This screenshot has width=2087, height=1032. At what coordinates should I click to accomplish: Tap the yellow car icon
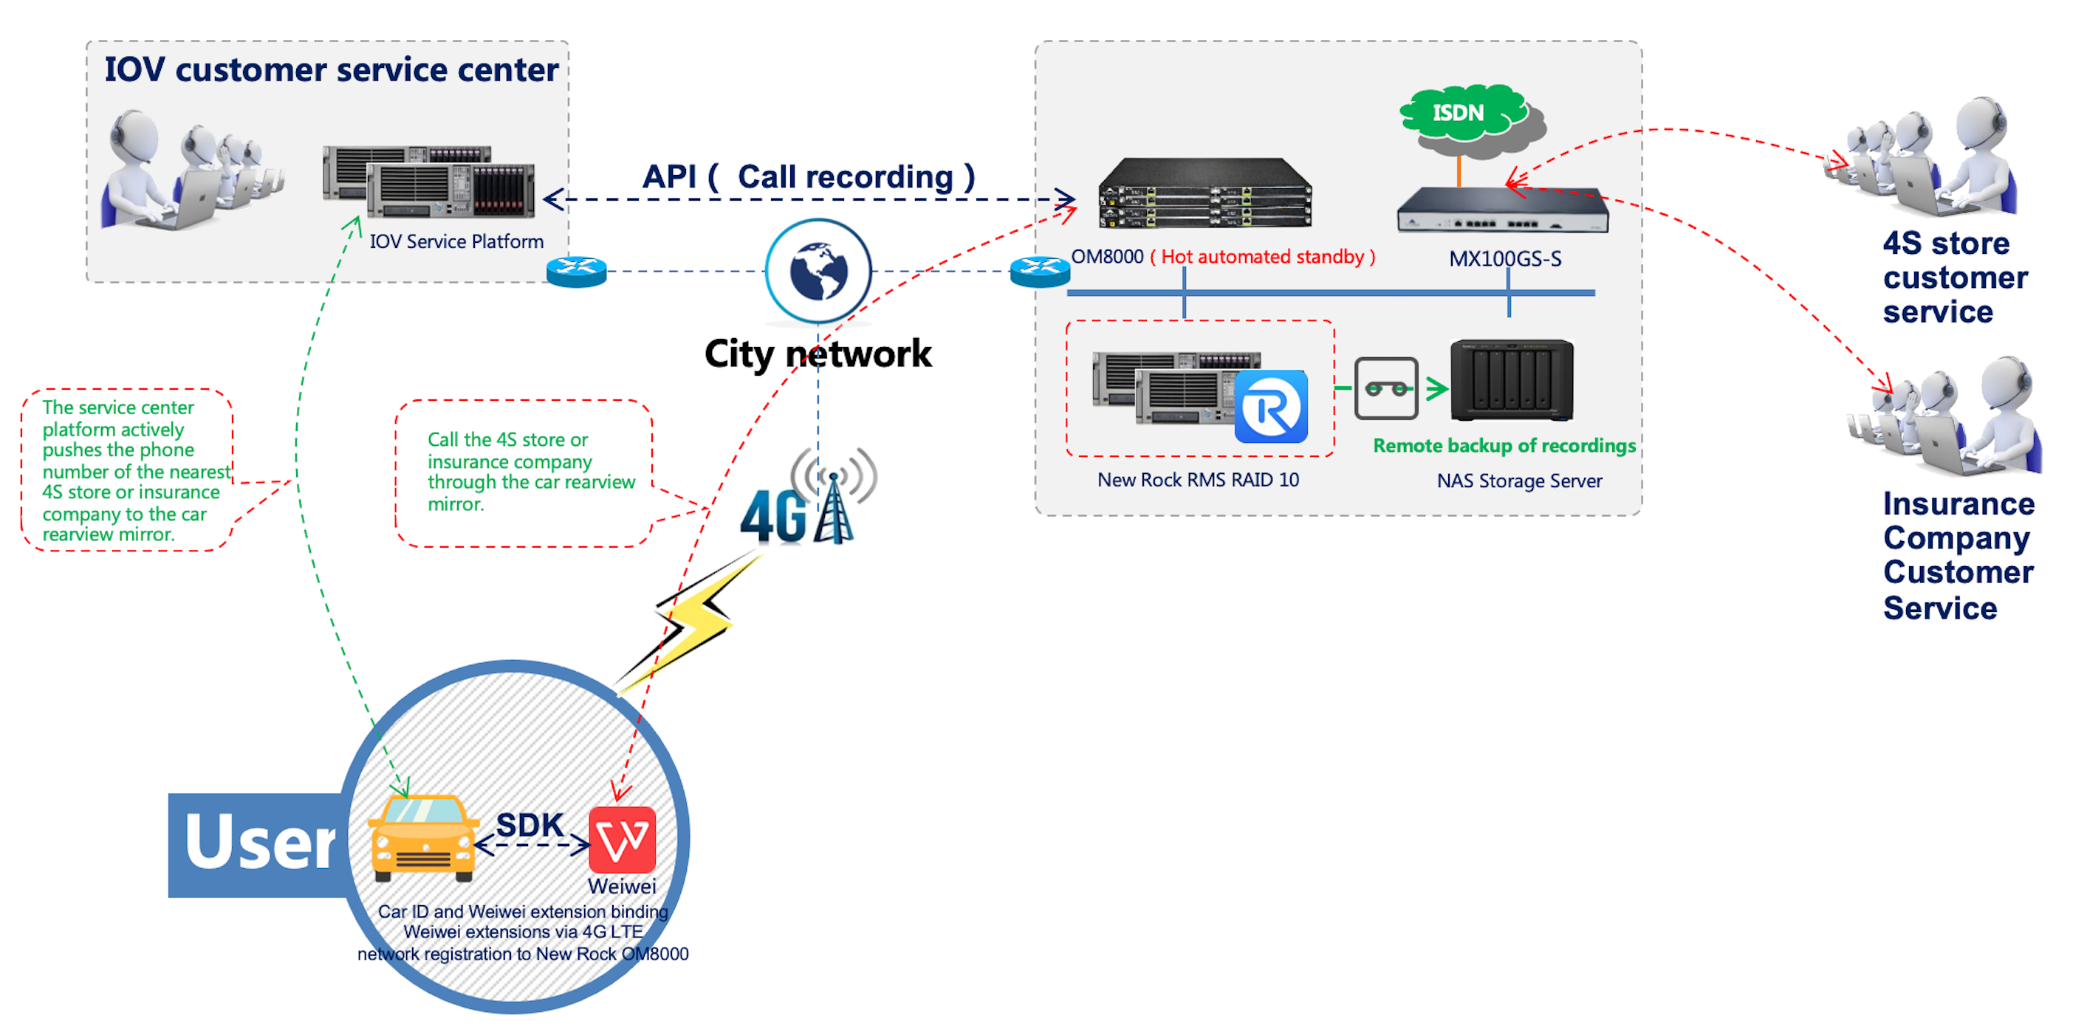tap(423, 839)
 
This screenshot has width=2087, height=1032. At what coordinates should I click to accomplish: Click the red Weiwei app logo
tap(623, 839)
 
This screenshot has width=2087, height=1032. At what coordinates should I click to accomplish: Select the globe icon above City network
tap(818, 271)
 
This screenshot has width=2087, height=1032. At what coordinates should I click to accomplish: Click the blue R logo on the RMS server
tap(1270, 407)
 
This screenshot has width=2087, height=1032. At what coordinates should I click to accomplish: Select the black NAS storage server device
tap(1512, 380)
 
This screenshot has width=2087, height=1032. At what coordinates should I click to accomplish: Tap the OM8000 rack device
tap(1204, 193)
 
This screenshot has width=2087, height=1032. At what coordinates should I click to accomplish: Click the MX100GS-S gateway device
tap(1503, 210)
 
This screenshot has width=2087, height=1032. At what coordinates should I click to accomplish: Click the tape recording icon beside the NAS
tap(1386, 388)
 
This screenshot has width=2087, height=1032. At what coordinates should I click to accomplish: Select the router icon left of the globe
tap(577, 272)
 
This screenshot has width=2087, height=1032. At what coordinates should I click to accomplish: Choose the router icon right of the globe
tap(1041, 272)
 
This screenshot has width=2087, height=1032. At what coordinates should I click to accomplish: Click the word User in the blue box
tap(259, 843)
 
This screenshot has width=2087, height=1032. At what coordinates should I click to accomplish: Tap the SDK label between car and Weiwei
tap(530, 825)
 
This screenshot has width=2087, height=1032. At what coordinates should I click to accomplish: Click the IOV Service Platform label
tap(456, 241)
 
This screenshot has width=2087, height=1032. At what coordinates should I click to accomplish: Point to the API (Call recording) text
tap(809, 176)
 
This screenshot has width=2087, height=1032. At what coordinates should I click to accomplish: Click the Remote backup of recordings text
tap(1504, 446)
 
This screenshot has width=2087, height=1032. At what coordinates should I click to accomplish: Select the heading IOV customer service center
tap(332, 69)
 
